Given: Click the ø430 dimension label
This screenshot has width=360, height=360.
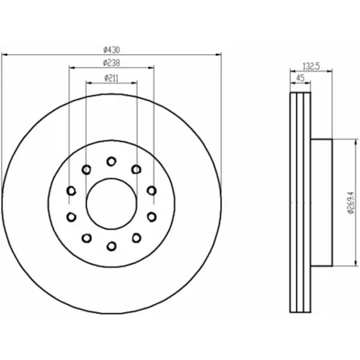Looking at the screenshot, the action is click(x=112, y=50).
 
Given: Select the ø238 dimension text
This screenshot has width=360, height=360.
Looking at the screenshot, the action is click(x=112, y=63).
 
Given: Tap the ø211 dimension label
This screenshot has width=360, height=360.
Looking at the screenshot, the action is click(x=112, y=78).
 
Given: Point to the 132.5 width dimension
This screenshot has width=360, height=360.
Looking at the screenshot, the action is click(x=311, y=67).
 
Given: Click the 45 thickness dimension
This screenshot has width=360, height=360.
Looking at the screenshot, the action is click(x=301, y=78).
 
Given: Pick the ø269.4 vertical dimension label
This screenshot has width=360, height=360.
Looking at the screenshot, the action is click(x=351, y=203).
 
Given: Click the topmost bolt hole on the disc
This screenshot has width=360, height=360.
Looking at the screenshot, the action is click(x=112, y=161).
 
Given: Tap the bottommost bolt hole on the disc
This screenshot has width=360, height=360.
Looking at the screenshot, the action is click(x=112, y=246).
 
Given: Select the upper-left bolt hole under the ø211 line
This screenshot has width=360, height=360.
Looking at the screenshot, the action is click(x=86, y=170).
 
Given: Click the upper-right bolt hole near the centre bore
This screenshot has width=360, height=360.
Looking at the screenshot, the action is click(x=136, y=170).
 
